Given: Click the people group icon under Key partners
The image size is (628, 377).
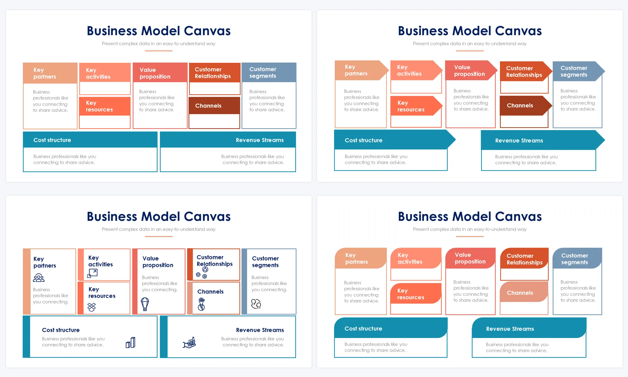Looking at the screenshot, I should [x=39, y=278].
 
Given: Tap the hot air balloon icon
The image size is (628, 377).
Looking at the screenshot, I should [x=145, y=304].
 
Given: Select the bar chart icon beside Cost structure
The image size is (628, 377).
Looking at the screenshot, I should [x=130, y=342].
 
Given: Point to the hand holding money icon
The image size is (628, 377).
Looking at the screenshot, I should [x=189, y=342].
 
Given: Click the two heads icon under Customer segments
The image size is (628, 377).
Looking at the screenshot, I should [x=256, y=304].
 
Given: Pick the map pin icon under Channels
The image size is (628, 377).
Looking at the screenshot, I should [x=201, y=304].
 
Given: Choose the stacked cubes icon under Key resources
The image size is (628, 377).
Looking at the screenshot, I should [x=92, y=307].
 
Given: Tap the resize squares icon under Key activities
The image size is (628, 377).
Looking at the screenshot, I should [x=92, y=273].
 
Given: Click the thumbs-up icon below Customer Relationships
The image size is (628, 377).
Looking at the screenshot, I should [x=205, y=270].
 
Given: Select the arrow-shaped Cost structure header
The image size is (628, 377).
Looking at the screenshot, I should [x=392, y=140].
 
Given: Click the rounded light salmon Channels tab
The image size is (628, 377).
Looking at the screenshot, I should [x=523, y=292].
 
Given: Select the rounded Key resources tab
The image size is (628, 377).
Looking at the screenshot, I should [x=415, y=294].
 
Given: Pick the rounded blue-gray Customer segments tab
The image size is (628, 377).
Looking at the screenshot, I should [x=577, y=259].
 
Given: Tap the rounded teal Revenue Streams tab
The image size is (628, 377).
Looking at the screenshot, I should [x=529, y=329].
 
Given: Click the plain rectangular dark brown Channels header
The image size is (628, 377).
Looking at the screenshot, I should [x=214, y=106].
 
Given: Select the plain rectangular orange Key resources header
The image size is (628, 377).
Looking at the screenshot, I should [x=105, y=106].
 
